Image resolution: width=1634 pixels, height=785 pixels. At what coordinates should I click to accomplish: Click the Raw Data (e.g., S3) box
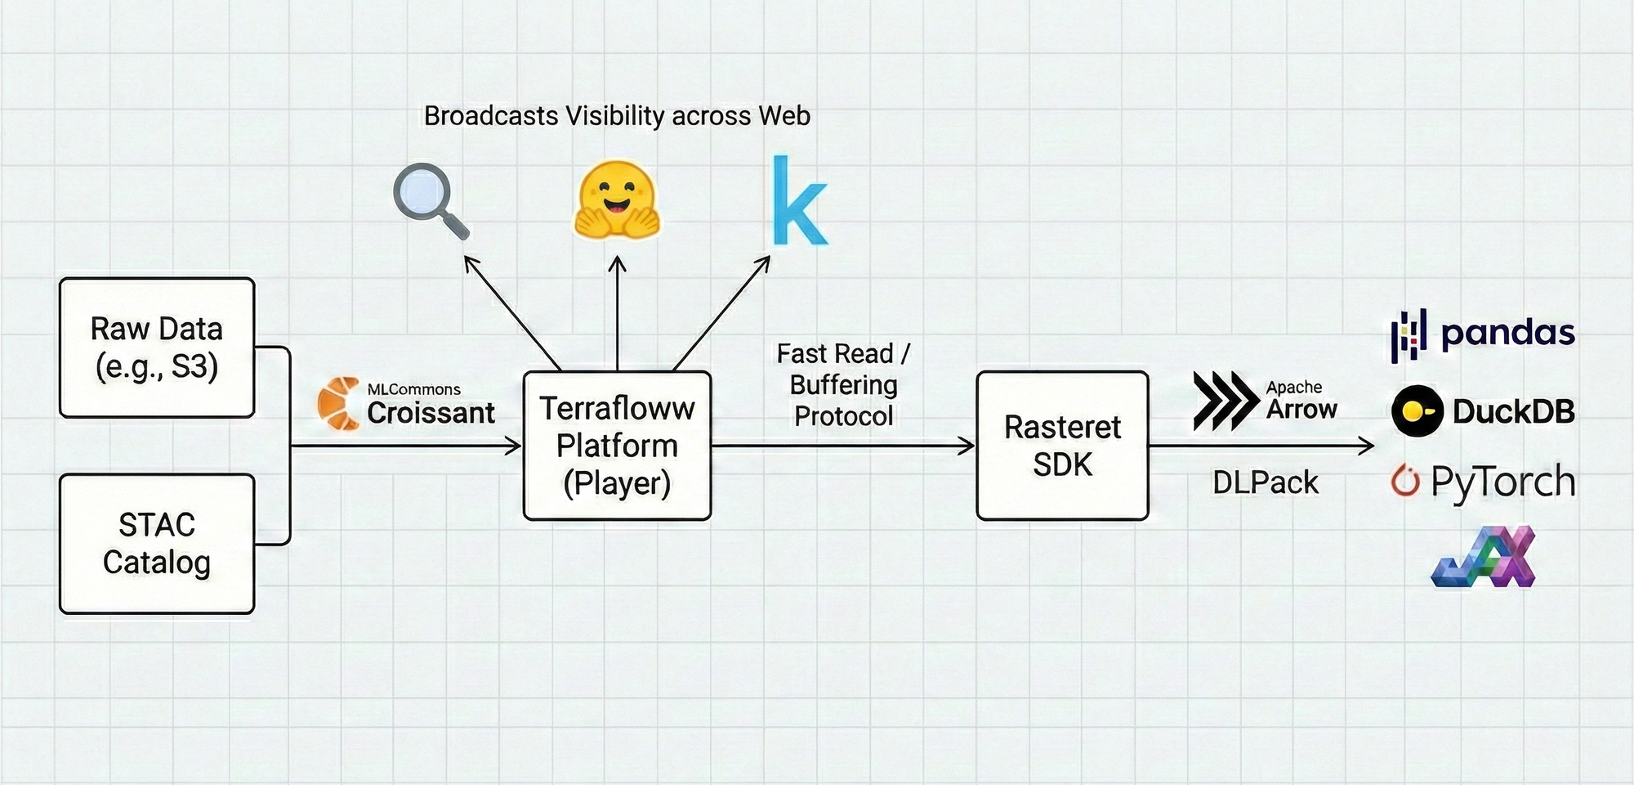[x=157, y=348]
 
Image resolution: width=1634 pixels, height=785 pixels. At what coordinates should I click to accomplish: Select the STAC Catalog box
[x=157, y=544]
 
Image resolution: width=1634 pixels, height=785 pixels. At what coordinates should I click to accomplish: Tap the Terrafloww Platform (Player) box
[x=617, y=446]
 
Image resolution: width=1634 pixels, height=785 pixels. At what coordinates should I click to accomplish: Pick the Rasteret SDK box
[x=1062, y=446]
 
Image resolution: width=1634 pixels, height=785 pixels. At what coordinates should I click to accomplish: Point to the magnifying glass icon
[x=430, y=200]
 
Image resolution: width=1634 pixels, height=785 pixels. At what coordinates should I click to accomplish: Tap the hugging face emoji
[x=617, y=200]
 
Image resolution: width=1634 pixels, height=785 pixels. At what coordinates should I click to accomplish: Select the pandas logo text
[x=1507, y=333]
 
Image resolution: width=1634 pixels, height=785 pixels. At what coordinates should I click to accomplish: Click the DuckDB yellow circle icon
[x=1417, y=410]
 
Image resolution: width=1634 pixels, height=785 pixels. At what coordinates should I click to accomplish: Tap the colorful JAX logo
[x=1484, y=558]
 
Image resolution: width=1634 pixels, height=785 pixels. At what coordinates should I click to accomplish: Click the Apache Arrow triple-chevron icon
[x=1225, y=401]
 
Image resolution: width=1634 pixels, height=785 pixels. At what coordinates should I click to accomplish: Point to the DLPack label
[x=1265, y=482]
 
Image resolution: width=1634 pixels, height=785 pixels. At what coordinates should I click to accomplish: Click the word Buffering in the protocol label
[x=843, y=385]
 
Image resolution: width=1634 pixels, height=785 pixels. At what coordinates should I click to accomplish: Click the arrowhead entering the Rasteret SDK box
[x=969, y=446]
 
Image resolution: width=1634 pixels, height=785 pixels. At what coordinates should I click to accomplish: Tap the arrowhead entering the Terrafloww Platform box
[x=516, y=446]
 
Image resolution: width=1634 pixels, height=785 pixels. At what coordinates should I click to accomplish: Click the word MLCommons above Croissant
[x=413, y=389]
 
